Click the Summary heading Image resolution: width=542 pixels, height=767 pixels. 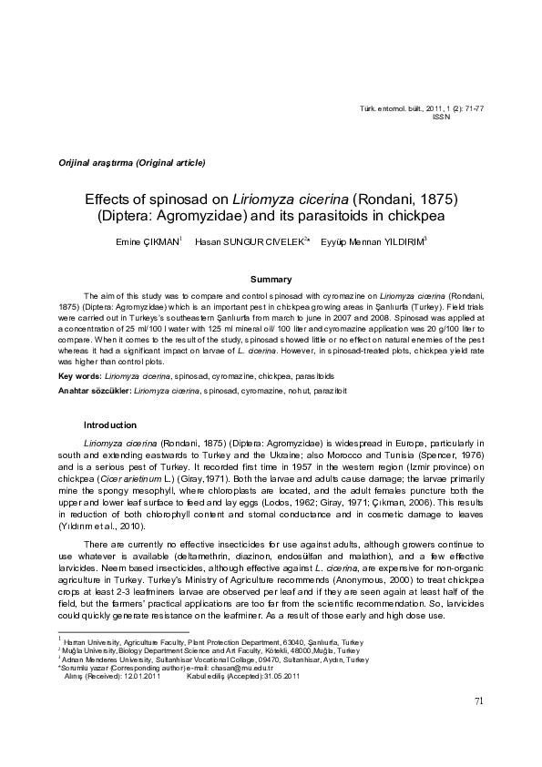tap(271, 278)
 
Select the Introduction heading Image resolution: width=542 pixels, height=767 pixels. tap(109, 425)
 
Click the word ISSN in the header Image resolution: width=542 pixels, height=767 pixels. tap(440, 118)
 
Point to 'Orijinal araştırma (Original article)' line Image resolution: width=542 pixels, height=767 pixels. tap(132, 162)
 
